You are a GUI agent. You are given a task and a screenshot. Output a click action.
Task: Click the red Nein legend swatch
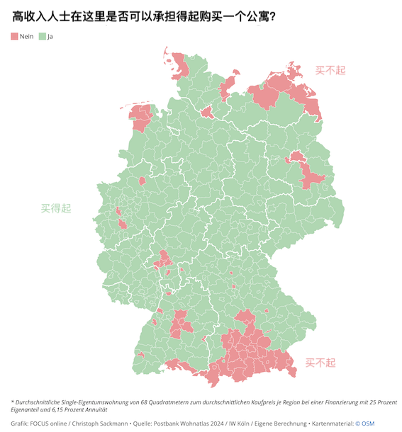point(15,35)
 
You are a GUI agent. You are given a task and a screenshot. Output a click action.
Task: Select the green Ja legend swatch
point(42,35)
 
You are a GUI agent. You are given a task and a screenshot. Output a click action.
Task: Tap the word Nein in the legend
point(27,35)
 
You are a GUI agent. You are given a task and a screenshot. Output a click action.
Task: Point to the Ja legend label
point(50,35)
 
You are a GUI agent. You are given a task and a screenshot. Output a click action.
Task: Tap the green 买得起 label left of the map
point(56,208)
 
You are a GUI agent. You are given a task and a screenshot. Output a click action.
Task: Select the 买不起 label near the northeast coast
point(330,69)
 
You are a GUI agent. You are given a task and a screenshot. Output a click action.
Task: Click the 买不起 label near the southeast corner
point(320,363)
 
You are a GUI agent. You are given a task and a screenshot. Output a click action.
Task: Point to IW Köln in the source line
point(240,423)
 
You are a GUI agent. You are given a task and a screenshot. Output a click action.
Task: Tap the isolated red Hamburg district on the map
point(207,112)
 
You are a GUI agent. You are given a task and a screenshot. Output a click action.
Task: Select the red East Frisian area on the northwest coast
point(140,117)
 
